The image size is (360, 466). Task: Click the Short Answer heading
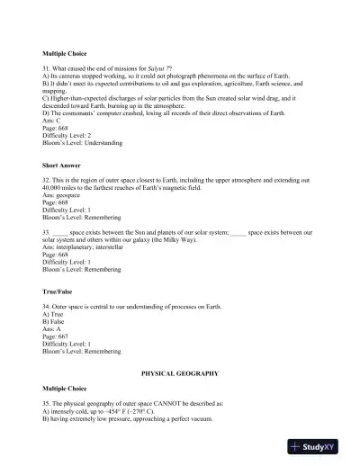pos(64,165)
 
